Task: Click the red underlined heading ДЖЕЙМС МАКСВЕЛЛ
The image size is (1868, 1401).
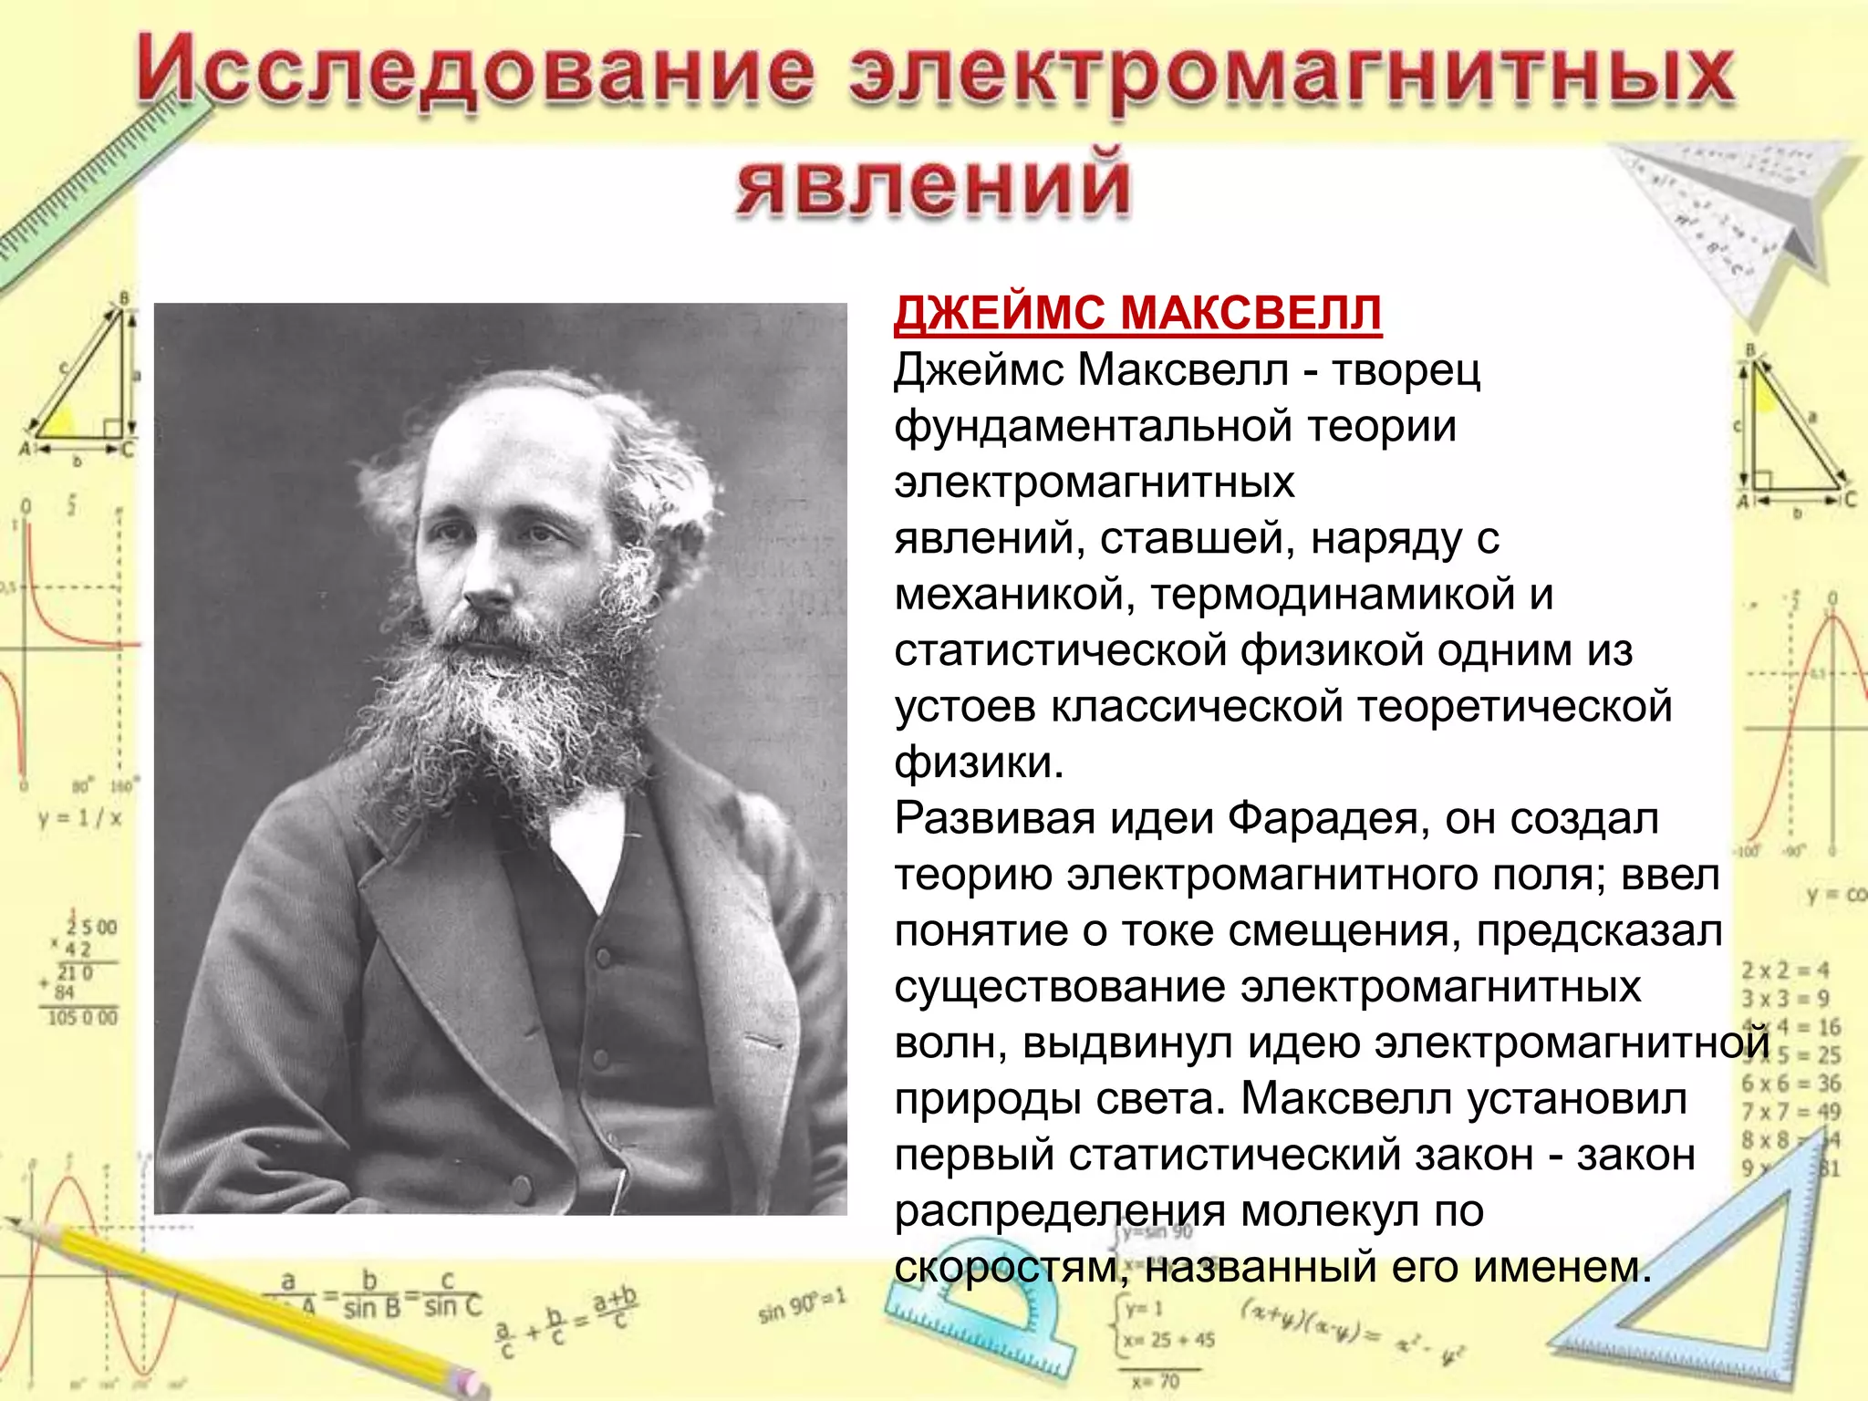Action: click(1136, 313)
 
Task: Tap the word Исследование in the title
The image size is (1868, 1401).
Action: click(474, 73)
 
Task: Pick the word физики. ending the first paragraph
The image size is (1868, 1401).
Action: click(978, 763)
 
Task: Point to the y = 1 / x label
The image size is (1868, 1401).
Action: click(79, 818)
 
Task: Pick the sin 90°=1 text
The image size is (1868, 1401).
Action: click(802, 1305)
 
